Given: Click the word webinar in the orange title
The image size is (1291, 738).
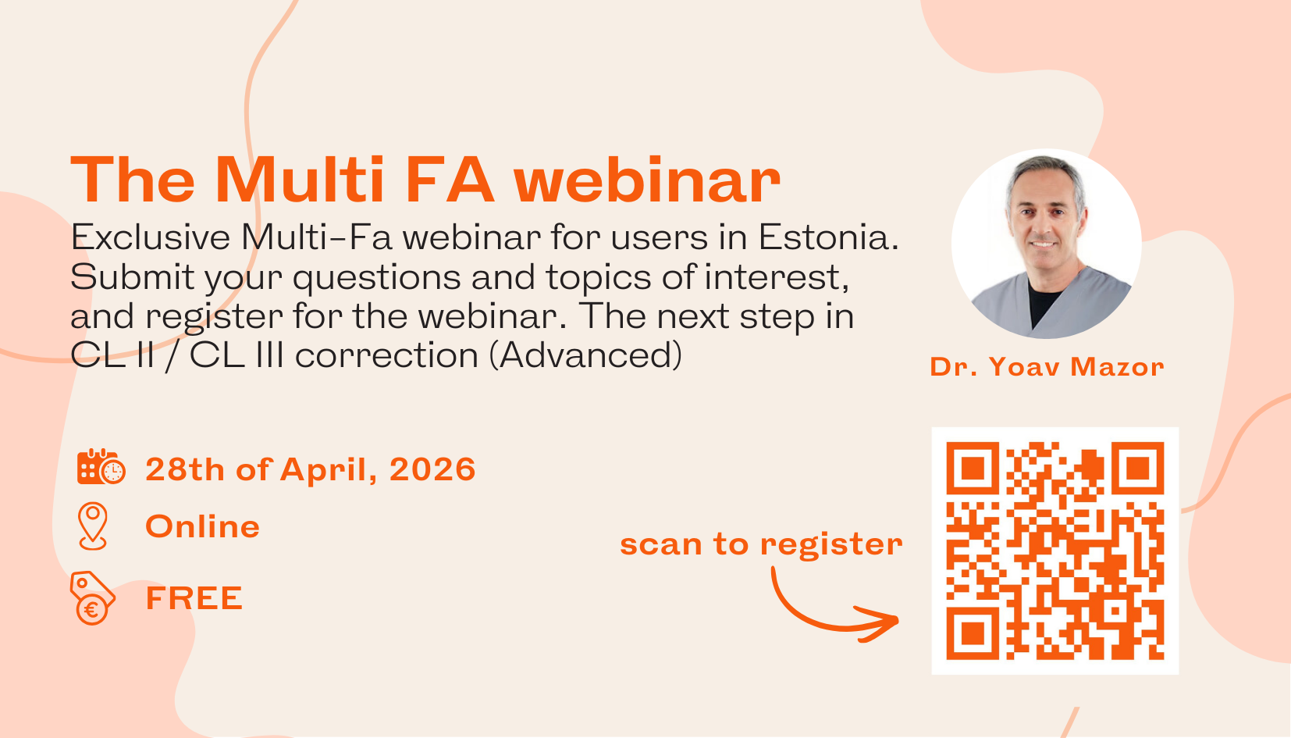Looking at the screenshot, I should (x=646, y=181).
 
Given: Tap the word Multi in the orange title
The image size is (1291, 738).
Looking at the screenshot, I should (x=300, y=181).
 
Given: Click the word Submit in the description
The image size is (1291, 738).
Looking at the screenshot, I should (x=132, y=277).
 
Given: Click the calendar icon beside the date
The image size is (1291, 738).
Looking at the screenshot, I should (x=101, y=467).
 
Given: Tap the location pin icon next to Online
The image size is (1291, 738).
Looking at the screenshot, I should (x=93, y=526).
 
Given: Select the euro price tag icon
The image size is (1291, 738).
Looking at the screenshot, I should (x=92, y=598).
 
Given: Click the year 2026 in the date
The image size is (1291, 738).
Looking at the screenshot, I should (x=432, y=469).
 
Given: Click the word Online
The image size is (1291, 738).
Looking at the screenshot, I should (x=202, y=526).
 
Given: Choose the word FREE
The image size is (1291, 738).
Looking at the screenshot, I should (x=194, y=598).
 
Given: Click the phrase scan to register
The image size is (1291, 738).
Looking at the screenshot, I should (x=761, y=544).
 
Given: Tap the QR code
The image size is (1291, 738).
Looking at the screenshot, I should (x=1054, y=551).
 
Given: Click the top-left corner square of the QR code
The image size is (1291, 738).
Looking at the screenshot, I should (x=973, y=469).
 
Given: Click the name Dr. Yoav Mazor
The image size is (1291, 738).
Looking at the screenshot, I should (x=1047, y=366).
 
